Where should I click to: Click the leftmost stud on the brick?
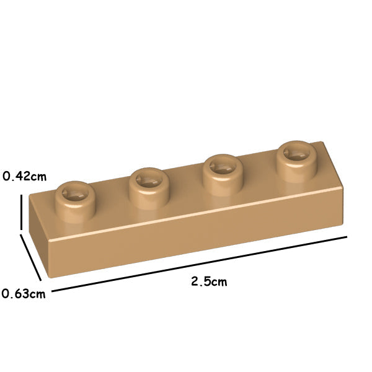76,201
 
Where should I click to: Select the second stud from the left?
149,188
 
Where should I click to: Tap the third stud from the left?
223,175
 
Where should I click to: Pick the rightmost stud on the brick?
297,161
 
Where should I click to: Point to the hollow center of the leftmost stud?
76,194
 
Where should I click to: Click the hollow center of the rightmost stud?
297,154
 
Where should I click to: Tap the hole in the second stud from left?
149,181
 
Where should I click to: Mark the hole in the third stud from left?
223,167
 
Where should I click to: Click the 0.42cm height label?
24,176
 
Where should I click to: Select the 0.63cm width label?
24,294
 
